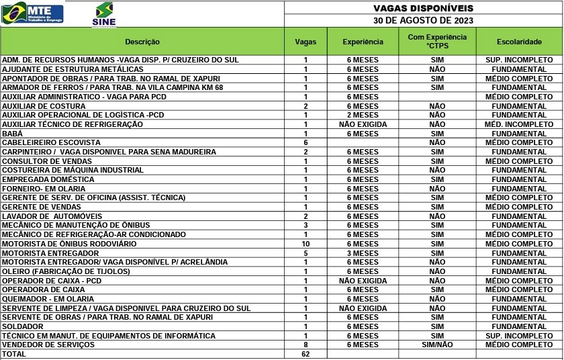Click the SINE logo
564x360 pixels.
tap(104, 14)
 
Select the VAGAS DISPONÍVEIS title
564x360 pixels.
tap(423, 8)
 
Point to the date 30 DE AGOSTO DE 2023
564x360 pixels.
tap(423, 20)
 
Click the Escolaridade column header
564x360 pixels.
tap(519, 42)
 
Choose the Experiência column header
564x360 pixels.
tap(363, 42)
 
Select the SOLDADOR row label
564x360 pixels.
tap(23, 326)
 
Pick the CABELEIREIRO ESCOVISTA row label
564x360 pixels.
tap(51, 143)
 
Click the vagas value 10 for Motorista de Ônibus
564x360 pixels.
tap(305, 244)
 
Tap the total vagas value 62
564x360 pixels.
tap(305, 354)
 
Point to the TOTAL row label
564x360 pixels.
tap(14, 354)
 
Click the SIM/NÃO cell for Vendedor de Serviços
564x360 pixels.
tap(437, 345)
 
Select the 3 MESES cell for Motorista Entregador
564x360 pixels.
tap(363, 253)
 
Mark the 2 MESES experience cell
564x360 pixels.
tap(363, 116)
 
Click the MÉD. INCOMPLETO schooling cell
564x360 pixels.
tap(519, 124)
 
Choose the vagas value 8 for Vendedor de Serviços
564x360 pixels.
tap(305, 345)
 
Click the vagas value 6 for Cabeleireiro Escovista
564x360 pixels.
tap(305, 143)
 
